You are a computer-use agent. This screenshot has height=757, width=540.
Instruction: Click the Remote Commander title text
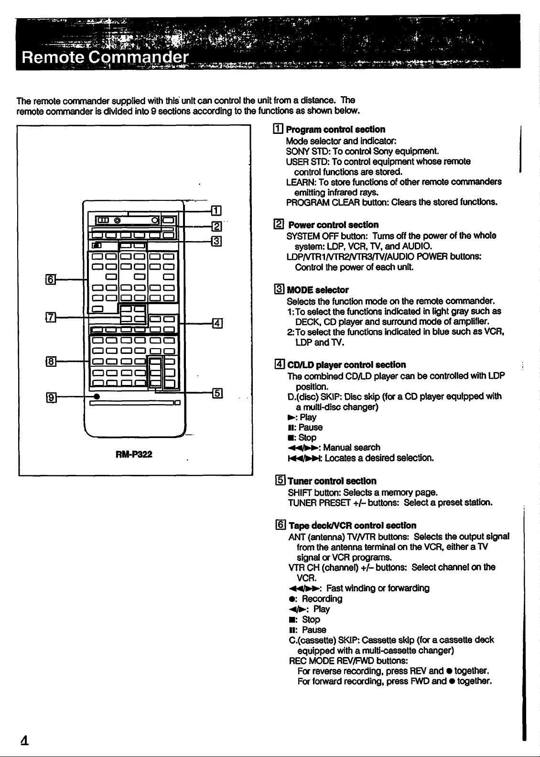[105, 57]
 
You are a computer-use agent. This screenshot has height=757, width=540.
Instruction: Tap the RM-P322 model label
[134, 454]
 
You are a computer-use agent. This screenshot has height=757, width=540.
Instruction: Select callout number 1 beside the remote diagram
[216, 210]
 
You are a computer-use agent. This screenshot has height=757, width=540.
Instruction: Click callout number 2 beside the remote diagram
[216, 226]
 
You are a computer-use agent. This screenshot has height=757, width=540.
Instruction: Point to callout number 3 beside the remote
[216, 241]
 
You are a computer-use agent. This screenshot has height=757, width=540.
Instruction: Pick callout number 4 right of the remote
[217, 323]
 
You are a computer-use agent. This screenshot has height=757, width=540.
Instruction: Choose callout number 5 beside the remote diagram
[217, 393]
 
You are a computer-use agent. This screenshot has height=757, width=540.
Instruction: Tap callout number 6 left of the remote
[50, 279]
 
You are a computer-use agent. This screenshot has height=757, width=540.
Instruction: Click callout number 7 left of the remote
[50, 318]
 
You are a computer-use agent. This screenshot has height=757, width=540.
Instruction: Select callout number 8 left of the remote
[50, 362]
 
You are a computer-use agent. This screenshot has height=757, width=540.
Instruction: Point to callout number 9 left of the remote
[51, 397]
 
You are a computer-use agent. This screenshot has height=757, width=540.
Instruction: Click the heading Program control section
[335, 130]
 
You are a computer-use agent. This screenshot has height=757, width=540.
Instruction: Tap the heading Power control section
[334, 225]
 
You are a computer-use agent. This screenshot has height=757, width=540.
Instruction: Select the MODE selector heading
[317, 290]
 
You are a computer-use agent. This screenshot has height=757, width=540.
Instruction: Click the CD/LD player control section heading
[346, 365]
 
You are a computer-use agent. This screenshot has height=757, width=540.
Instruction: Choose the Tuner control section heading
[332, 481]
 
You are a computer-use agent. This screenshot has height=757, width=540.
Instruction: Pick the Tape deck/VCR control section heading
[353, 526]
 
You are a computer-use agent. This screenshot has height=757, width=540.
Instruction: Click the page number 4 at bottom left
[24, 740]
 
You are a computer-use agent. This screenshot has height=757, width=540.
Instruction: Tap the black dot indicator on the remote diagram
[97, 396]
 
